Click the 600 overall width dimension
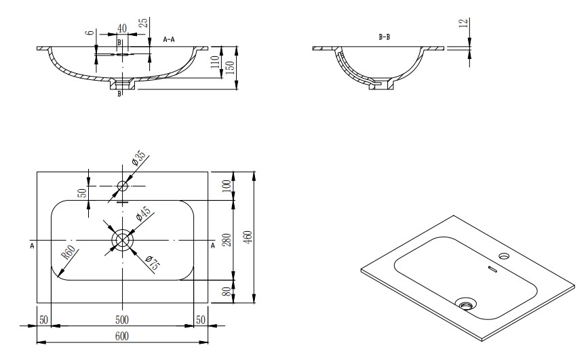[122, 336]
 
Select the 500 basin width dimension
[122, 320]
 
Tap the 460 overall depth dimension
[248, 237]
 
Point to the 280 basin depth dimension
[227, 240]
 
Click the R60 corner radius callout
[69, 252]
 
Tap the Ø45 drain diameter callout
[144, 213]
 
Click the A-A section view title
[169, 39]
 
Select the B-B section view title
[385, 37]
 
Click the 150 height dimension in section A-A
[231, 68]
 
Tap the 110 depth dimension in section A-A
[216, 62]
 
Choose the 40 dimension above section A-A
[122, 28]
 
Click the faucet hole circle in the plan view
[123, 186]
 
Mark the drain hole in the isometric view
[466, 303]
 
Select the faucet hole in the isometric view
[504, 256]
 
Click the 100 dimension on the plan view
[227, 186]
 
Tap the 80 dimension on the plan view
[227, 292]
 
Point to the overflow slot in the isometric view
[492, 269]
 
